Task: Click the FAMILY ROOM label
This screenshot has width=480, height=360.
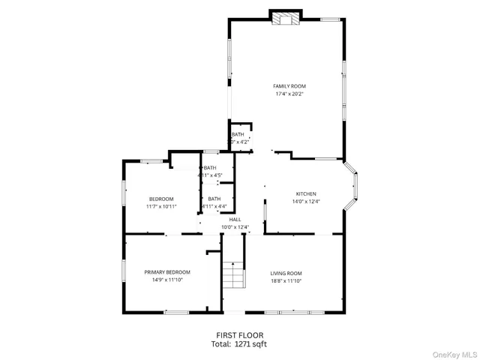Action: (290, 86)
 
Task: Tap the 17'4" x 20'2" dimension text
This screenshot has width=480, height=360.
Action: (290, 94)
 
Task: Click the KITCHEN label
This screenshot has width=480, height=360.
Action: (305, 193)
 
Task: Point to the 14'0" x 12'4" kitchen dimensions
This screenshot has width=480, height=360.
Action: (305, 202)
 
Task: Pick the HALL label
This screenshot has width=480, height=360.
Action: (235, 220)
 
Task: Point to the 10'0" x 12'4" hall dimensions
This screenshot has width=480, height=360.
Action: (235, 227)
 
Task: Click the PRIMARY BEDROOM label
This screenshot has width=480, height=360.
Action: (167, 271)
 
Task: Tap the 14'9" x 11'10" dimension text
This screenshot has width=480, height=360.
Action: (167, 280)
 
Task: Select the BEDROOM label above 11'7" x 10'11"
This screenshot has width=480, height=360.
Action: (160, 199)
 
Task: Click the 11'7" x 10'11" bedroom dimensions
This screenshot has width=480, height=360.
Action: (160, 207)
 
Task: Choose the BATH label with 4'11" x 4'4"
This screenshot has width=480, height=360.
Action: (214, 199)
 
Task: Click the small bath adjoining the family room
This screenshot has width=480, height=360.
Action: (240, 137)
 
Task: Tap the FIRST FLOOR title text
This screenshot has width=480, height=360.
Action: (239, 335)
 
